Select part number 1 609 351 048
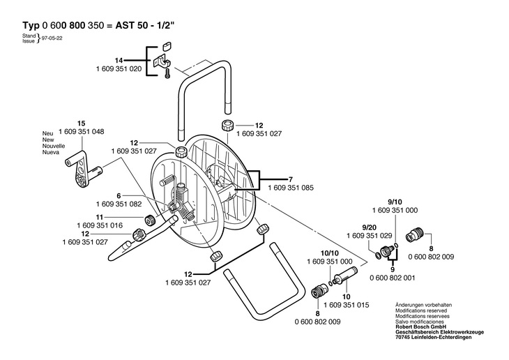[x=82, y=132]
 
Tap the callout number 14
[x=119, y=61]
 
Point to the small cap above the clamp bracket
[x=167, y=46]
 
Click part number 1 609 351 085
[x=291, y=188]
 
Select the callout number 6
[x=119, y=196]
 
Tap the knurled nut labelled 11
[x=150, y=220]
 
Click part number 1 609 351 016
[x=100, y=225]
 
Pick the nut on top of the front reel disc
[x=181, y=152]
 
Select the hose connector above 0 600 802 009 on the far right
[x=415, y=235]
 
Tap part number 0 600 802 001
[x=393, y=278]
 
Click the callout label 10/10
[x=329, y=253]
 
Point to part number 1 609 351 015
[x=347, y=305]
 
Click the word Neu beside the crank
[x=47, y=133]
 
